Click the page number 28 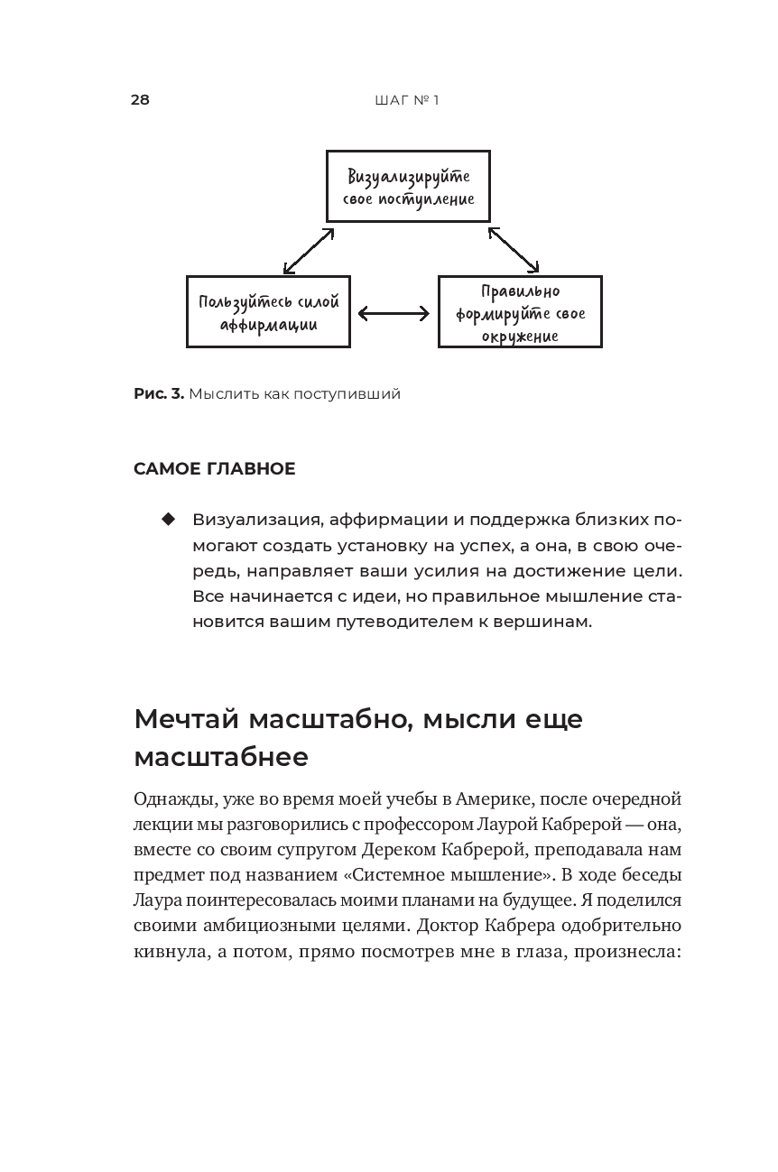pos(140,99)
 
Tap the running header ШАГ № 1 pos(406,100)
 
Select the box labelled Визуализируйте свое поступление pos(408,187)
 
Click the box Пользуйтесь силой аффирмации pos(268,312)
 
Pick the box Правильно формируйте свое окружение pos(520,312)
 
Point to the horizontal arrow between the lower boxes pos(394,314)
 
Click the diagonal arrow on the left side pos(309,250)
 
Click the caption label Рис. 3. pos(159,393)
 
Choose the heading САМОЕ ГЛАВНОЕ pos(215,469)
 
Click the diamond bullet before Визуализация pos(167,520)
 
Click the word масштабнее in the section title pos(221,757)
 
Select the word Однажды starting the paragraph pos(167,799)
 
